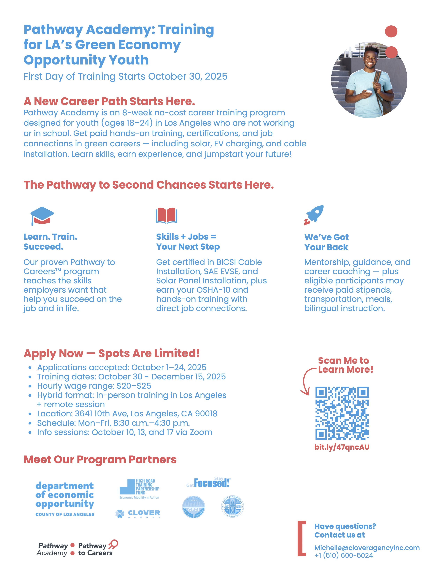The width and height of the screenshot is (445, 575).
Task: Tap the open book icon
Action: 166,215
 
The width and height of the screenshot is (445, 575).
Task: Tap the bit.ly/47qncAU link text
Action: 342,447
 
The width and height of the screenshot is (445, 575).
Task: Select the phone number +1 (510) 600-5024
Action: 343,555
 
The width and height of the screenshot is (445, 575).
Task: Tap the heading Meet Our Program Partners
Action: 100,459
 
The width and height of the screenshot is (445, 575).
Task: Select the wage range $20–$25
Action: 134,386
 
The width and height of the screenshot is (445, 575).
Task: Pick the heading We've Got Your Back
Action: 326,242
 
